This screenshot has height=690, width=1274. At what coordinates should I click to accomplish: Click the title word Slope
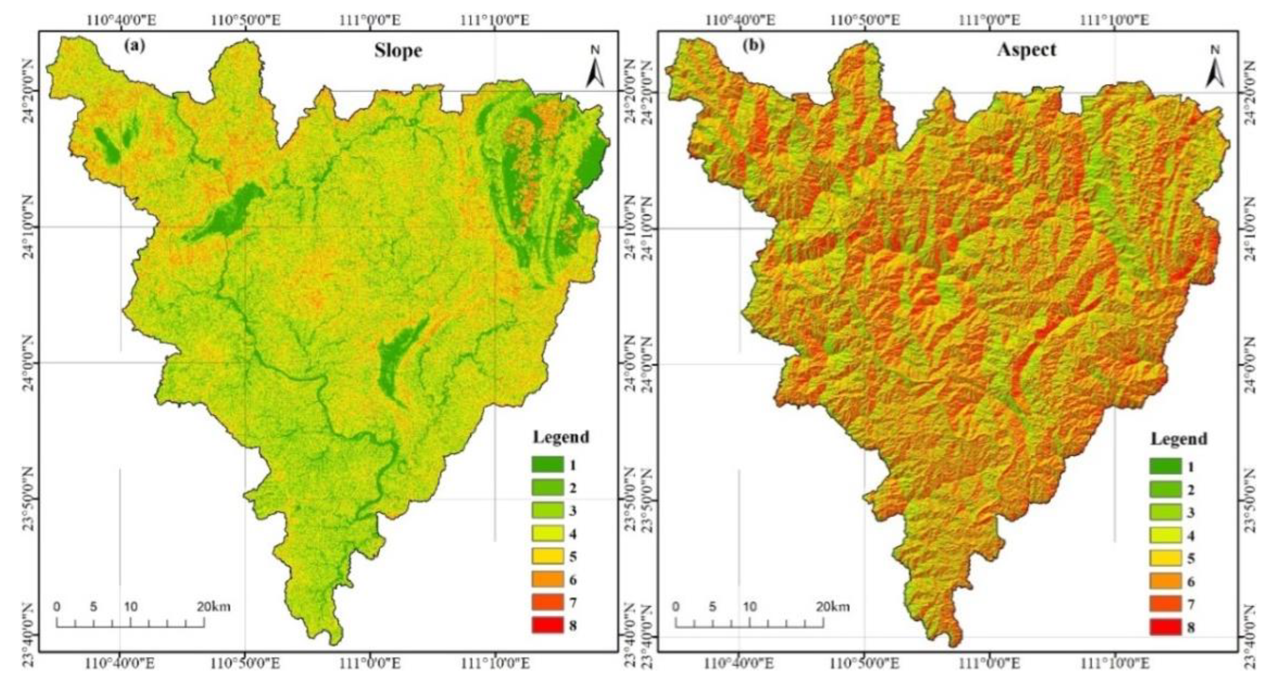point(398,51)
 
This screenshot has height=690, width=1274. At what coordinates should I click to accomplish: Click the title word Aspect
point(1026,49)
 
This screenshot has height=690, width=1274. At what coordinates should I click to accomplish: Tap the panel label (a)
point(135,46)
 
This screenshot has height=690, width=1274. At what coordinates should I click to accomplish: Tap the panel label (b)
point(754,46)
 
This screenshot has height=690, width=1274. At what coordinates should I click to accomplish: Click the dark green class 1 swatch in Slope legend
point(548,465)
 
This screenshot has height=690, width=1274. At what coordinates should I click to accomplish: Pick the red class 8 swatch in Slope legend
point(548,626)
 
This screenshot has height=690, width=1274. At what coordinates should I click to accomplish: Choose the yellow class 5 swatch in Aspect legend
point(1165,558)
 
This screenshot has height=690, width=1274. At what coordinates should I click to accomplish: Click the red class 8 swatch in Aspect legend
point(1165,627)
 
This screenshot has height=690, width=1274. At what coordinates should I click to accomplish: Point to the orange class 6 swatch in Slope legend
point(548,580)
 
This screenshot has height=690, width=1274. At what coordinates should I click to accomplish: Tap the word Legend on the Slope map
point(561,437)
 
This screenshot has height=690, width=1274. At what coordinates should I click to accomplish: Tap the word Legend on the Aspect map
point(1179,439)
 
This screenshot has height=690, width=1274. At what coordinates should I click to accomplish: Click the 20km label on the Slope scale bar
point(214,607)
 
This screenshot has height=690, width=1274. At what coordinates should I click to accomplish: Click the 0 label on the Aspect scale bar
point(676,607)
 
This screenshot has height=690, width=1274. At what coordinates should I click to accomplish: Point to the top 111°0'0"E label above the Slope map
point(370,21)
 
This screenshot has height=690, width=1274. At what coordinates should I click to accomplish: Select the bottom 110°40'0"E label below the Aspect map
point(740,664)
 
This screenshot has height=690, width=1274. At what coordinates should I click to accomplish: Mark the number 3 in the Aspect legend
point(1190,513)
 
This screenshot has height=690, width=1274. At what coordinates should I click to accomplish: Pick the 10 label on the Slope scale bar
point(131,607)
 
